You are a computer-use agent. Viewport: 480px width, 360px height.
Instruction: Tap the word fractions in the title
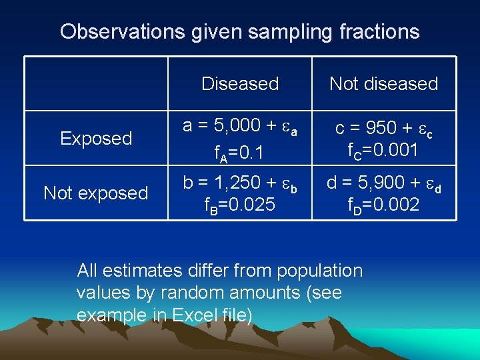pos(376,32)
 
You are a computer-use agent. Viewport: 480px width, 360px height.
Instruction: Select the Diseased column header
pos(240,84)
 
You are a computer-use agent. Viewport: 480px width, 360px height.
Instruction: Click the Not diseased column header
pos(383,84)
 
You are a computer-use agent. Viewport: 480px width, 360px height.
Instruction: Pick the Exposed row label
pos(96,139)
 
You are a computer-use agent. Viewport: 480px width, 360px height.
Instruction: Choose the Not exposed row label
pos(96,193)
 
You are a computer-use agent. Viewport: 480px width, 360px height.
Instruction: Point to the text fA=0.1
pos(239,154)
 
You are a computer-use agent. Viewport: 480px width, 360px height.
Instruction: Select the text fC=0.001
pos(383,151)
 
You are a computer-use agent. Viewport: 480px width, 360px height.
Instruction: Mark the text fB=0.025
pos(239,205)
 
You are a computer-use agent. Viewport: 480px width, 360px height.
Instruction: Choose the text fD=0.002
pos(383,205)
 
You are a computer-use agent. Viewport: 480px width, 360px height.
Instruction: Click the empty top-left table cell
pos(96,84)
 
